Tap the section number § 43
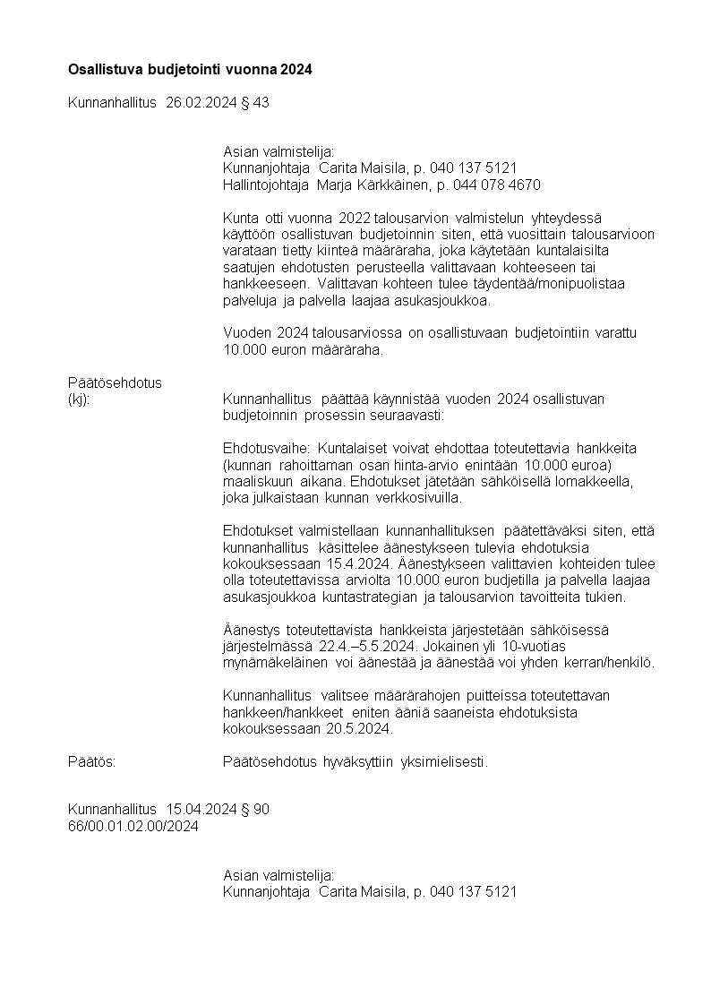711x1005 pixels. pos(254,103)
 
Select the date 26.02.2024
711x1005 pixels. pos(201,103)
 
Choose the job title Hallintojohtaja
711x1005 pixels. pos(266,185)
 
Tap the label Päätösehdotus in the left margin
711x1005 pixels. pos(115,382)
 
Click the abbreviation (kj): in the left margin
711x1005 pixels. pos(80,399)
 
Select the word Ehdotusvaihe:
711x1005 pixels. pos(266,448)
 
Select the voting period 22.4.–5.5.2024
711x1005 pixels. pos(365,646)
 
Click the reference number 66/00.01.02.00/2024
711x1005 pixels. pos(133,826)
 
